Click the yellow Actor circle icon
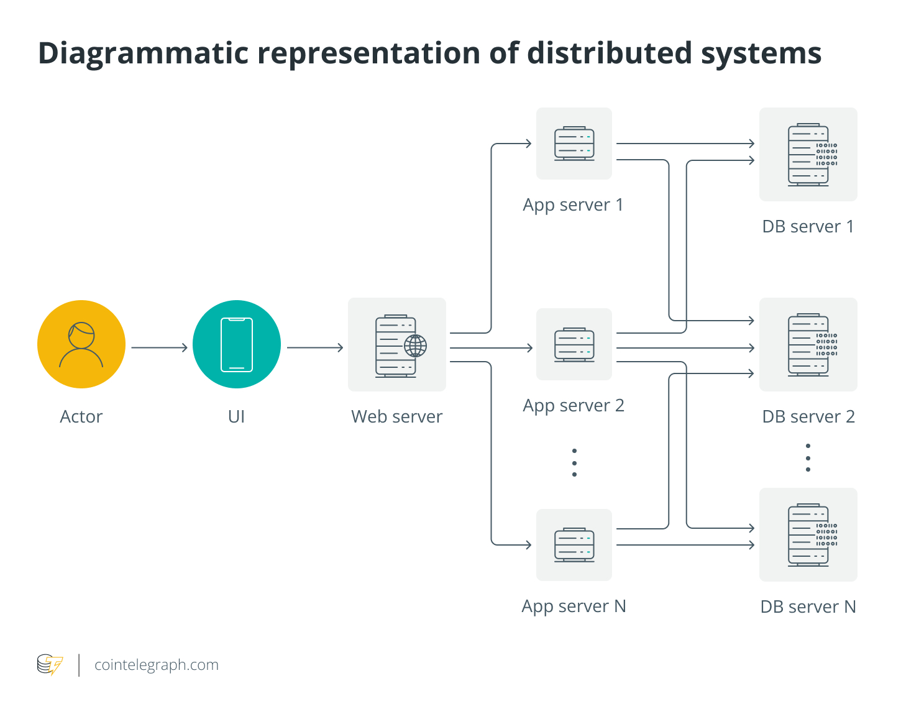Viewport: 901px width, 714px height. (81, 344)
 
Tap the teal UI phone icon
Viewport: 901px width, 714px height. (237, 344)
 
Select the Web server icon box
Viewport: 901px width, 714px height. (396, 345)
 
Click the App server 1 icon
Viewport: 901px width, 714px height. (574, 144)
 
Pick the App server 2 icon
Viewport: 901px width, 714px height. (574, 344)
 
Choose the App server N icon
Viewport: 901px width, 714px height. (574, 545)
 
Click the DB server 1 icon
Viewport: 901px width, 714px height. (808, 154)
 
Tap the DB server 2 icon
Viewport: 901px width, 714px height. (808, 344)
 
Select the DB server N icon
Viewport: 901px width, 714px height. (808, 534)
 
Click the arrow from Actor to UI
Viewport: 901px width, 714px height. (159, 347)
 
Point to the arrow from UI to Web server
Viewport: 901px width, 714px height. (314, 347)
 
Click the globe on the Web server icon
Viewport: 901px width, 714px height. (415, 346)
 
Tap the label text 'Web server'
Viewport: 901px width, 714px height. (396, 416)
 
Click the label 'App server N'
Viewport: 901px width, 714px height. (574, 606)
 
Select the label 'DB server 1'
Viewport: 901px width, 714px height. (808, 226)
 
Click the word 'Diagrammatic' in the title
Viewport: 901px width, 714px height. (144, 53)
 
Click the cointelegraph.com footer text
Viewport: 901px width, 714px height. (157, 665)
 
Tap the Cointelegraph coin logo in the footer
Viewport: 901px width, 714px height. (50, 665)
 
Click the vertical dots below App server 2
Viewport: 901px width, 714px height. (574, 462)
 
